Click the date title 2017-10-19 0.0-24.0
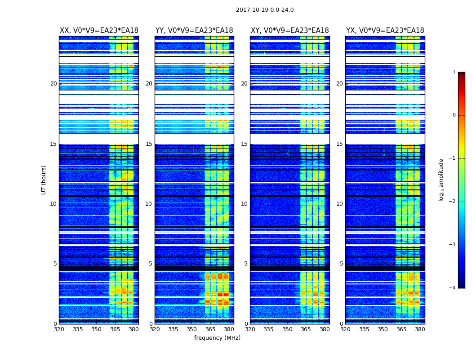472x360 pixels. [x=265, y=10]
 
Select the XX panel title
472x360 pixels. [x=99, y=31]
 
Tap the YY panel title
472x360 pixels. [x=194, y=31]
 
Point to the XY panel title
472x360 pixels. [x=289, y=31]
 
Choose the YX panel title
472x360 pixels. [x=385, y=31]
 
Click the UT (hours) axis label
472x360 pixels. [x=44, y=180]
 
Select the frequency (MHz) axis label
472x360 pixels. [x=217, y=338]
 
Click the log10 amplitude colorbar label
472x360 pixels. [x=441, y=180]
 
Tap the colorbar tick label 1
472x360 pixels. [x=454, y=72]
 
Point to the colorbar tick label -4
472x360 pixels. [x=453, y=288]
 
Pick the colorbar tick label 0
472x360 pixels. [x=454, y=115]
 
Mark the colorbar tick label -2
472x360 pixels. [x=453, y=202]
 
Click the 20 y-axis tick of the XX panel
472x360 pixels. [x=53, y=84]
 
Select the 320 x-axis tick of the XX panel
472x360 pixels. [x=59, y=329]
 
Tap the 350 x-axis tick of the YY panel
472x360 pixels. [x=191, y=329]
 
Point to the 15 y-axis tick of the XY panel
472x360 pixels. [x=244, y=144]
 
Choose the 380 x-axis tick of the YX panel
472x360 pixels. [x=420, y=329]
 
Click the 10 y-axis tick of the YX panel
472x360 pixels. [x=339, y=204]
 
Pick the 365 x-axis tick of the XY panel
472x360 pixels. [x=306, y=329]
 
